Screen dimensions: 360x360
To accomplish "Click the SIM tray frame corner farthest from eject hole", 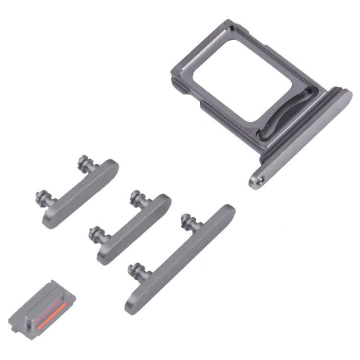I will coord(220,26).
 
